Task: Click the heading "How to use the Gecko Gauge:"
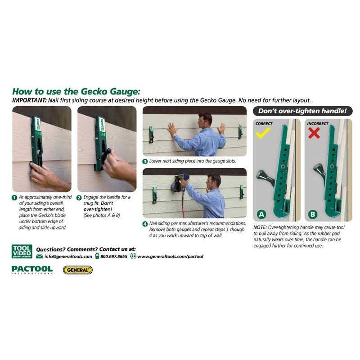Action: click(76, 91)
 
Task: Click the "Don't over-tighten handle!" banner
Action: click(303, 111)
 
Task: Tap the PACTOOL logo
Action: click(32, 270)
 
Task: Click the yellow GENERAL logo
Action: click(77, 270)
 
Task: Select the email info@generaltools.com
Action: click(67, 256)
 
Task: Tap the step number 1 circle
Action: click(15, 197)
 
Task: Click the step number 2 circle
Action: click(80, 197)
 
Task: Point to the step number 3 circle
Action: click(145, 161)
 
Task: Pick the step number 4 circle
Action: click(145, 224)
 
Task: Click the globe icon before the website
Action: click(133, 256)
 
